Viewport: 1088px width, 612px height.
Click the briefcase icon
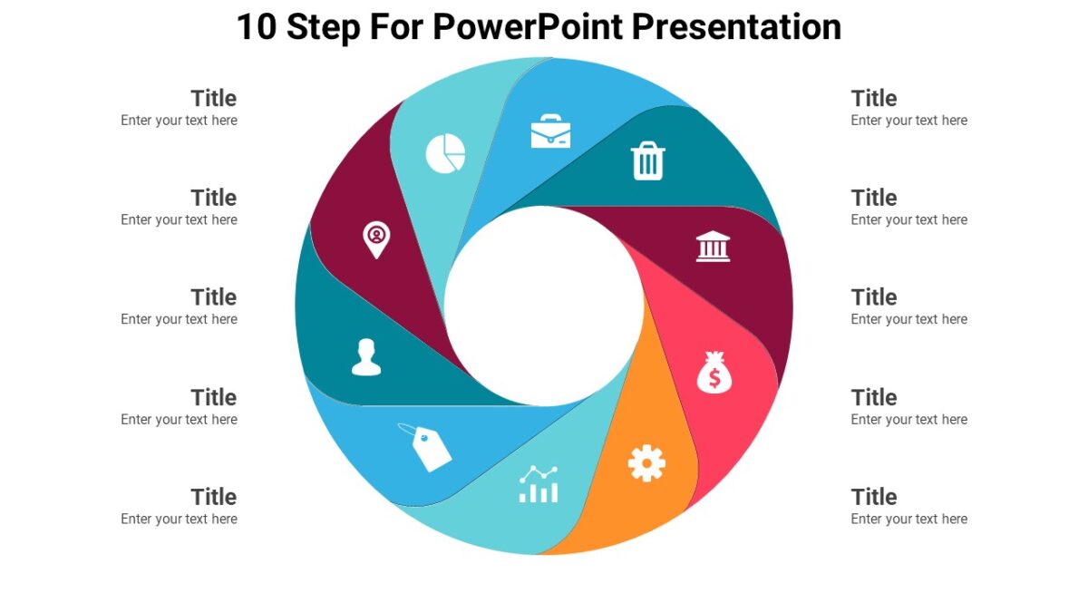tap(550, 131)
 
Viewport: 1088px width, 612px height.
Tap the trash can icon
tap(647, 161)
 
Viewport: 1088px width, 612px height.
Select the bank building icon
tap(713, 247)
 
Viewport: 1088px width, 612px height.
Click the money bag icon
tap(714, 373)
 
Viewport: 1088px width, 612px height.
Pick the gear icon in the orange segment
tap(646, 463)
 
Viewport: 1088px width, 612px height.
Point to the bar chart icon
tap(539, 485)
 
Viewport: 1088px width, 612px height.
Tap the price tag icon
tap(427, 447)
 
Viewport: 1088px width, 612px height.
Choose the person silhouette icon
tap(366, 357)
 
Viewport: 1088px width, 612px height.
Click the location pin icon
tap(375, 239)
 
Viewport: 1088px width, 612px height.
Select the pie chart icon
tap(445, 153)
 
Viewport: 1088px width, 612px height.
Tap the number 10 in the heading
tap(257, 27)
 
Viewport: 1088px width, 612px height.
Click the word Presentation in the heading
tap(736, 27)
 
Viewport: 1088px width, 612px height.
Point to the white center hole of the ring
tap(544, 306)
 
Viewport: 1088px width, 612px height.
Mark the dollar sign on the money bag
tap(714, 378)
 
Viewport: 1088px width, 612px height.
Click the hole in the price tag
tap(423, 438)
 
